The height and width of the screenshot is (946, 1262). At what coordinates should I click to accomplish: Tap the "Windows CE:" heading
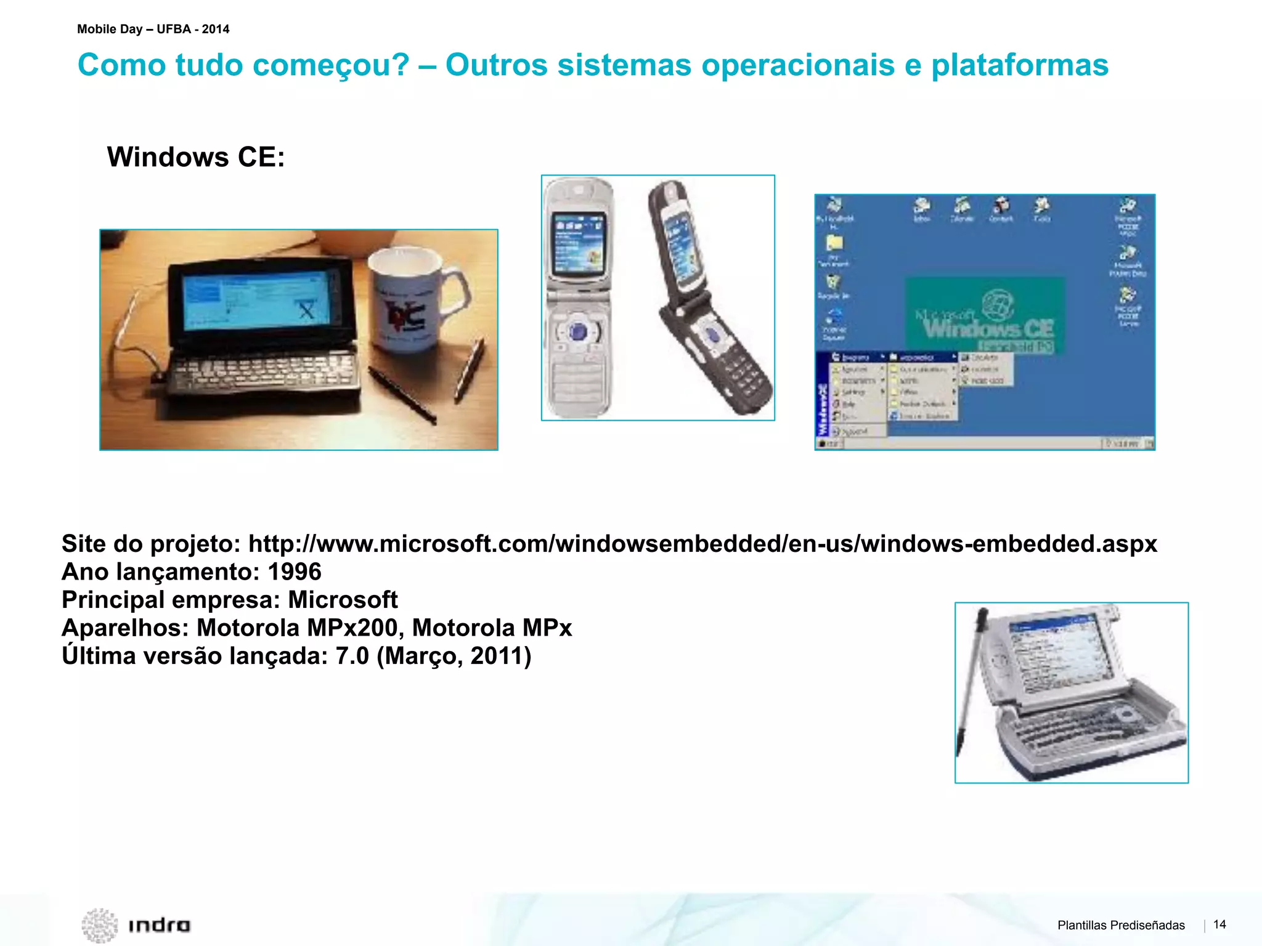click(x=196, y=157)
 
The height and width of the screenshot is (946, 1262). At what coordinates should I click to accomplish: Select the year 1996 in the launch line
click(x=295, y=572)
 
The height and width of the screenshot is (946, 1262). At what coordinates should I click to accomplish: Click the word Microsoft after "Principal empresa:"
click(x=343, y=600)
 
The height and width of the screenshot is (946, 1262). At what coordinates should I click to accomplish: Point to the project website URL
click(x=702, y=544)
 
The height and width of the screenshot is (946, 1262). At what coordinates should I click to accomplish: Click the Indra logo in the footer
click(x=137, y=924)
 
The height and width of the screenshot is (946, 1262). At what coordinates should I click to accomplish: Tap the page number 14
click(x=1219, y=924)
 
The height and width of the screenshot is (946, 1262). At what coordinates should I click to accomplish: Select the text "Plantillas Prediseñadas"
click(x=1121, y=925)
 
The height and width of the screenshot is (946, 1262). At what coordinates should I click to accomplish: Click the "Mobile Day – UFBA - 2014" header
click(x=153, y=29)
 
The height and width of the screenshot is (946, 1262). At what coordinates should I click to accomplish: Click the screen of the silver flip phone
click(x=577, y=244)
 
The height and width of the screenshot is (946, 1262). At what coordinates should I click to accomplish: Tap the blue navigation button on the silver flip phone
click(x=578, y=332)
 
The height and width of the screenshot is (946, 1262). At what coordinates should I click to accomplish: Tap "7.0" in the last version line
click(x=352, y=656)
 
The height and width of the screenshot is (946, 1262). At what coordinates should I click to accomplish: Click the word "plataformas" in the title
click(x=1019, y=65)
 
